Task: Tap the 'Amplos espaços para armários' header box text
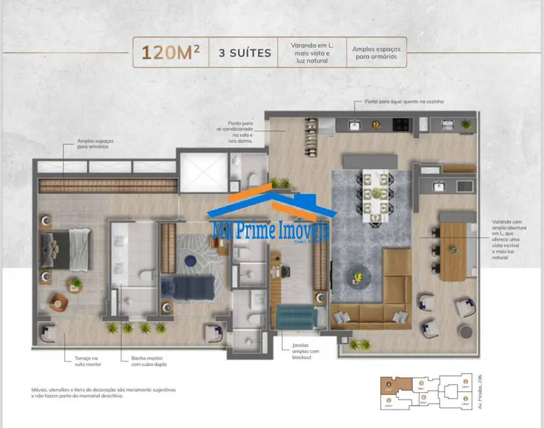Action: coord(376,53)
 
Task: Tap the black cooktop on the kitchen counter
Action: coord(402,124)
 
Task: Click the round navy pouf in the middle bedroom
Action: coord(190,260)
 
